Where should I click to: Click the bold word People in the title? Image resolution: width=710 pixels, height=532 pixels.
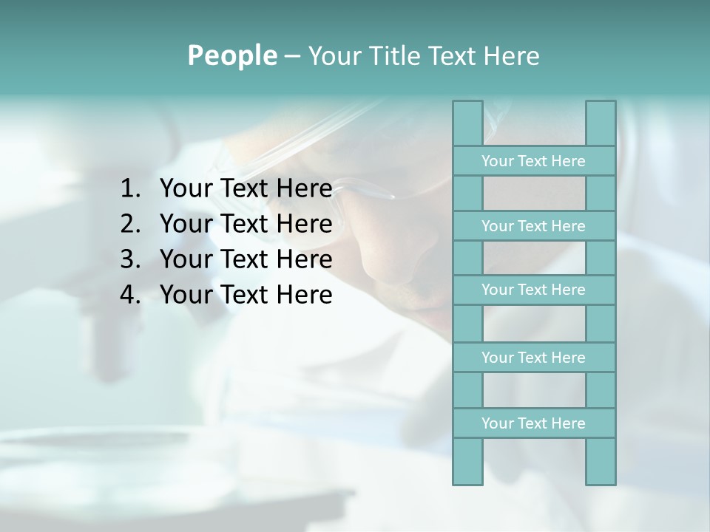(231, 55)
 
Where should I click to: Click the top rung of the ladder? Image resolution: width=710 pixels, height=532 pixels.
(533, 161)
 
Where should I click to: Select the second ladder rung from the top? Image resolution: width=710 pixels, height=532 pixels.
(533, 226)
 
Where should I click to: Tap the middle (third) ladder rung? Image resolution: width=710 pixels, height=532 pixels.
(533, 290)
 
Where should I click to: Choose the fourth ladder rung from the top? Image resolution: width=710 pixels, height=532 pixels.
(533, 358)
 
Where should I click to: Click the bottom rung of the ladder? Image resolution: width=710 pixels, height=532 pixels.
(533, 423)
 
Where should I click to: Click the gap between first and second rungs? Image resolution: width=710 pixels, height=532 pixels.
(534, 194)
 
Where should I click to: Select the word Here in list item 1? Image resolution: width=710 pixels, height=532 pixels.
(304, 189)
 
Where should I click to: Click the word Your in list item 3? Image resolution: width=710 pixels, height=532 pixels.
(186, 259)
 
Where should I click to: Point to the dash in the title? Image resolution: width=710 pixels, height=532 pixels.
(291, 56)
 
